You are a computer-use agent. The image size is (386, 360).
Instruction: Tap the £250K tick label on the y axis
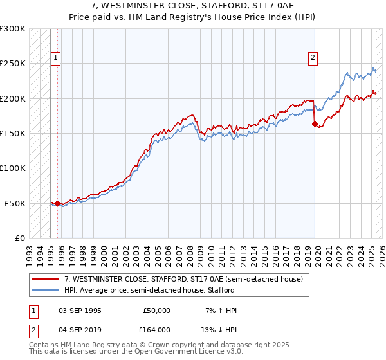pos(13,64)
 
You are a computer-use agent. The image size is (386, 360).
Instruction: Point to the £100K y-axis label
pos(13,168)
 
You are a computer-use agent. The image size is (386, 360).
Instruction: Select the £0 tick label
pos(20,238)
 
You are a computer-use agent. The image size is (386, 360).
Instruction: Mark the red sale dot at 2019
pos(315,123)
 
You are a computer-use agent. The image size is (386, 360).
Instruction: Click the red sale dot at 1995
pos(58,203)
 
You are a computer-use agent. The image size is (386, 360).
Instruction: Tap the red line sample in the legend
pos(46,280)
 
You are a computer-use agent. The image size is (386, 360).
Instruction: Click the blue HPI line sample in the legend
pos(46,290)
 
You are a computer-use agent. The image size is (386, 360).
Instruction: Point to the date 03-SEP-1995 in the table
pos(80,310)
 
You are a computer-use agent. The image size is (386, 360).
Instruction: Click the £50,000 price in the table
pos(156,310)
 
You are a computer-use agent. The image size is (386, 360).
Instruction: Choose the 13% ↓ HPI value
pos(219,329)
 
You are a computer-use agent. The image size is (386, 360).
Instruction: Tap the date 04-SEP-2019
pos(80,329)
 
